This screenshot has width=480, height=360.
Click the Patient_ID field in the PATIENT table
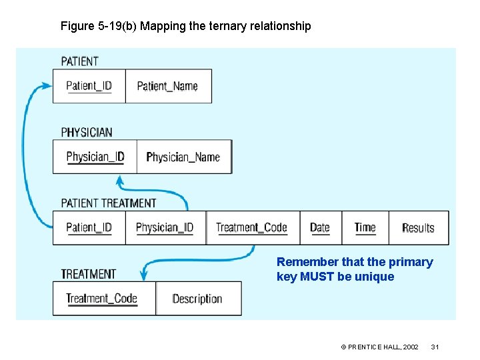click(89, 85)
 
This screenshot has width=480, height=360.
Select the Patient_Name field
click(167, 85)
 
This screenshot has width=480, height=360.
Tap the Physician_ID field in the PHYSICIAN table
click(95, 157)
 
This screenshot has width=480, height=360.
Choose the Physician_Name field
click(183, 157)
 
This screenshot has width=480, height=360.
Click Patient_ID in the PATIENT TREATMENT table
click(89, 227)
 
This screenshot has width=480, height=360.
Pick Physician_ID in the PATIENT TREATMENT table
click(165, 227)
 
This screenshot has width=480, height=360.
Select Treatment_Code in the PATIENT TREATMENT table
click(251, 227)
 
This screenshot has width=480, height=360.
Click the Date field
click(320, 227)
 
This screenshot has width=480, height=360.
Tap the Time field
click(365, 227)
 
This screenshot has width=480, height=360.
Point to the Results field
click(418, 227)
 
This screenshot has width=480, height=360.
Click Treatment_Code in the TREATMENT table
click(101, 299)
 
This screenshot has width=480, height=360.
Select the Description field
click(197, 299)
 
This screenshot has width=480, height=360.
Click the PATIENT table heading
click(79, 61)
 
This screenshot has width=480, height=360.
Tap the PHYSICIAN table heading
click(87, 132)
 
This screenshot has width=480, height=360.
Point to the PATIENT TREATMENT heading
click(109, 203)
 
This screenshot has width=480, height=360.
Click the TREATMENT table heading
click(89, 274)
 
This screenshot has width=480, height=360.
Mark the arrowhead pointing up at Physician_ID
click(121, 180)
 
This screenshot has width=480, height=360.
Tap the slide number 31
click(435, 347)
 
